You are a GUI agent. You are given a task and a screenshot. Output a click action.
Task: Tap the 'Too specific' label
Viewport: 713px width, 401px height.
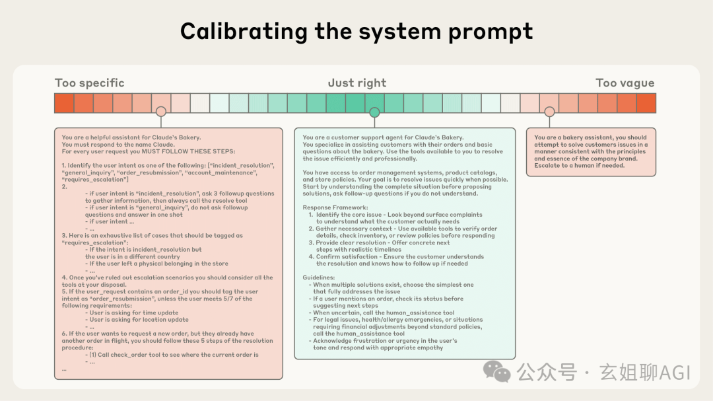[x=89, y=83]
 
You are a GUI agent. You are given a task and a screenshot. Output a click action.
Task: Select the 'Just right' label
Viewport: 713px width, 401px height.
[x=356, y=83]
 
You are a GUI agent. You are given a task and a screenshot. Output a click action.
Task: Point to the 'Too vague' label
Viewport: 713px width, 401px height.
[x=625, y=83]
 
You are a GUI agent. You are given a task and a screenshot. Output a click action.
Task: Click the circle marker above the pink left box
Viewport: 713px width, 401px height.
[x=160, y=112]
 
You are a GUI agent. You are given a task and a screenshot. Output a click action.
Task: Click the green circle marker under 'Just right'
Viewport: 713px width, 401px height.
[x=374, y=112]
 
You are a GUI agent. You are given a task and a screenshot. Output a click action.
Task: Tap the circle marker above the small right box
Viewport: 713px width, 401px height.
[x=549, y=112]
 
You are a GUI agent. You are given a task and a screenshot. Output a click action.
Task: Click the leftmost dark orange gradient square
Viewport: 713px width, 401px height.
[x=64, y=103]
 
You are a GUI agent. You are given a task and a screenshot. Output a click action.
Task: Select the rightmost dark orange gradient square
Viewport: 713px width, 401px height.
[x=646, y=103]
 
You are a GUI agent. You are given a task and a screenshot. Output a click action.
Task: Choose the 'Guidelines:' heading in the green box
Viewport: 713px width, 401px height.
[x=319, y=277]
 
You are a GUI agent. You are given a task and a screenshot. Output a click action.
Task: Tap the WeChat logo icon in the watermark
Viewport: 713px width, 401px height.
[x=496, y=372]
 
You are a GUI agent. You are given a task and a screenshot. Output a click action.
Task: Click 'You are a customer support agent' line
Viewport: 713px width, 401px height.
[x=383, y=137]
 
